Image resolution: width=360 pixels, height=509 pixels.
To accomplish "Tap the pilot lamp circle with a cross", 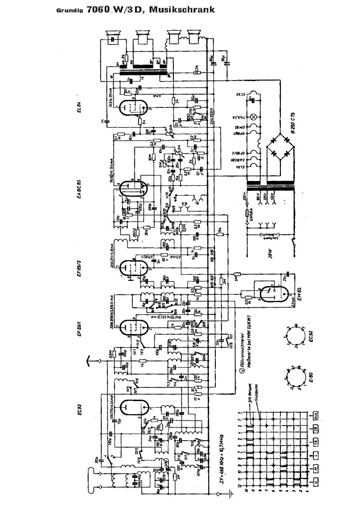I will click(x=256, y=116).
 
